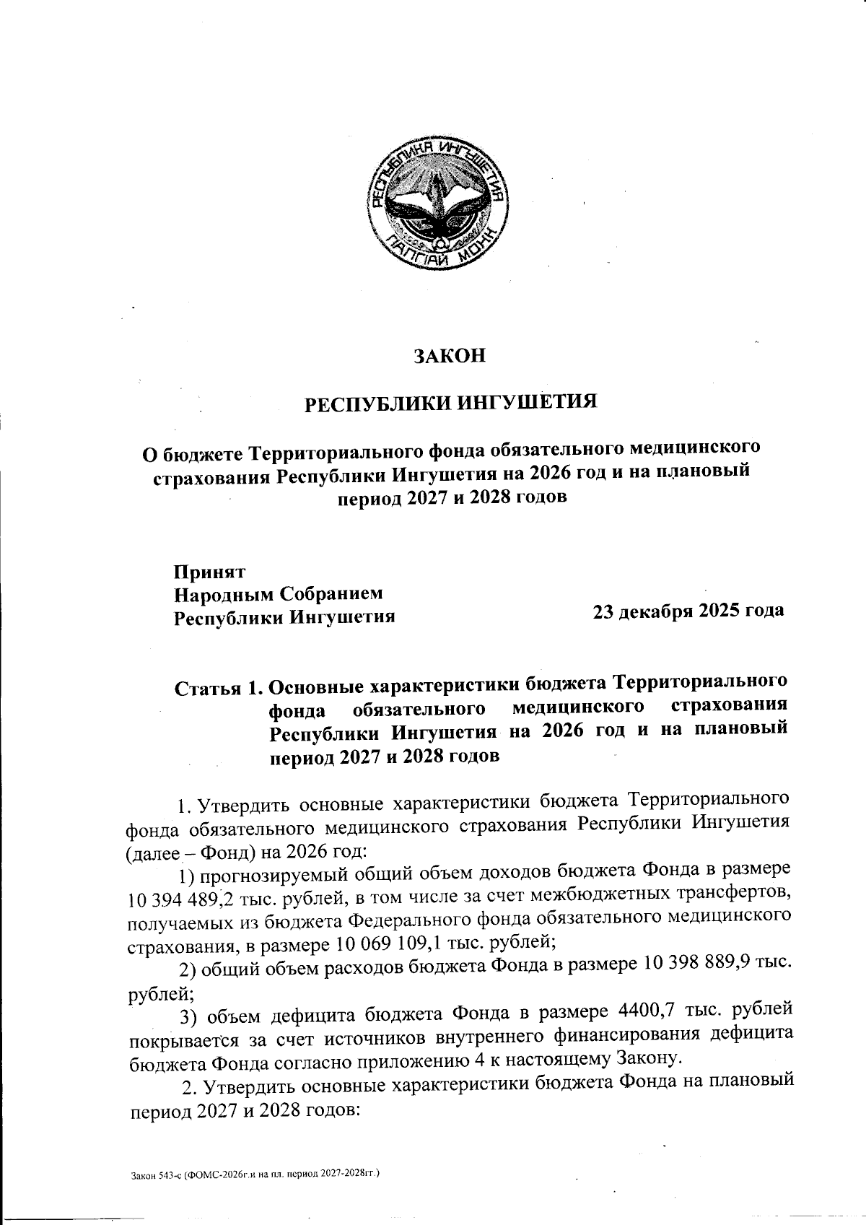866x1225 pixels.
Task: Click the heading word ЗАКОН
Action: click(448, 356)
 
